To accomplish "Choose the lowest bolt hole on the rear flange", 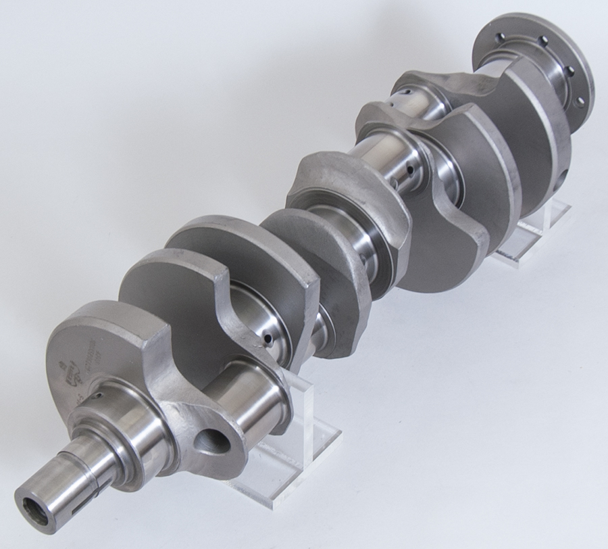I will click(x=580, y=100).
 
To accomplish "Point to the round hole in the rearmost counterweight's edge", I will click(x=563, y=177).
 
